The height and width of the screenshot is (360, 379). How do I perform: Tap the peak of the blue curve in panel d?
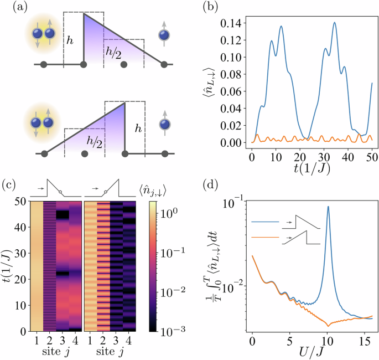pyautogui.click(x=329, y=207)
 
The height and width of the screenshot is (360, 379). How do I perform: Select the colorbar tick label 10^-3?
pyautogui.click(x=162, y=331)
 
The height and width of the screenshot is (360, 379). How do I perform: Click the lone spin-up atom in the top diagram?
pyautogui.click(x=164, y=35)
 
